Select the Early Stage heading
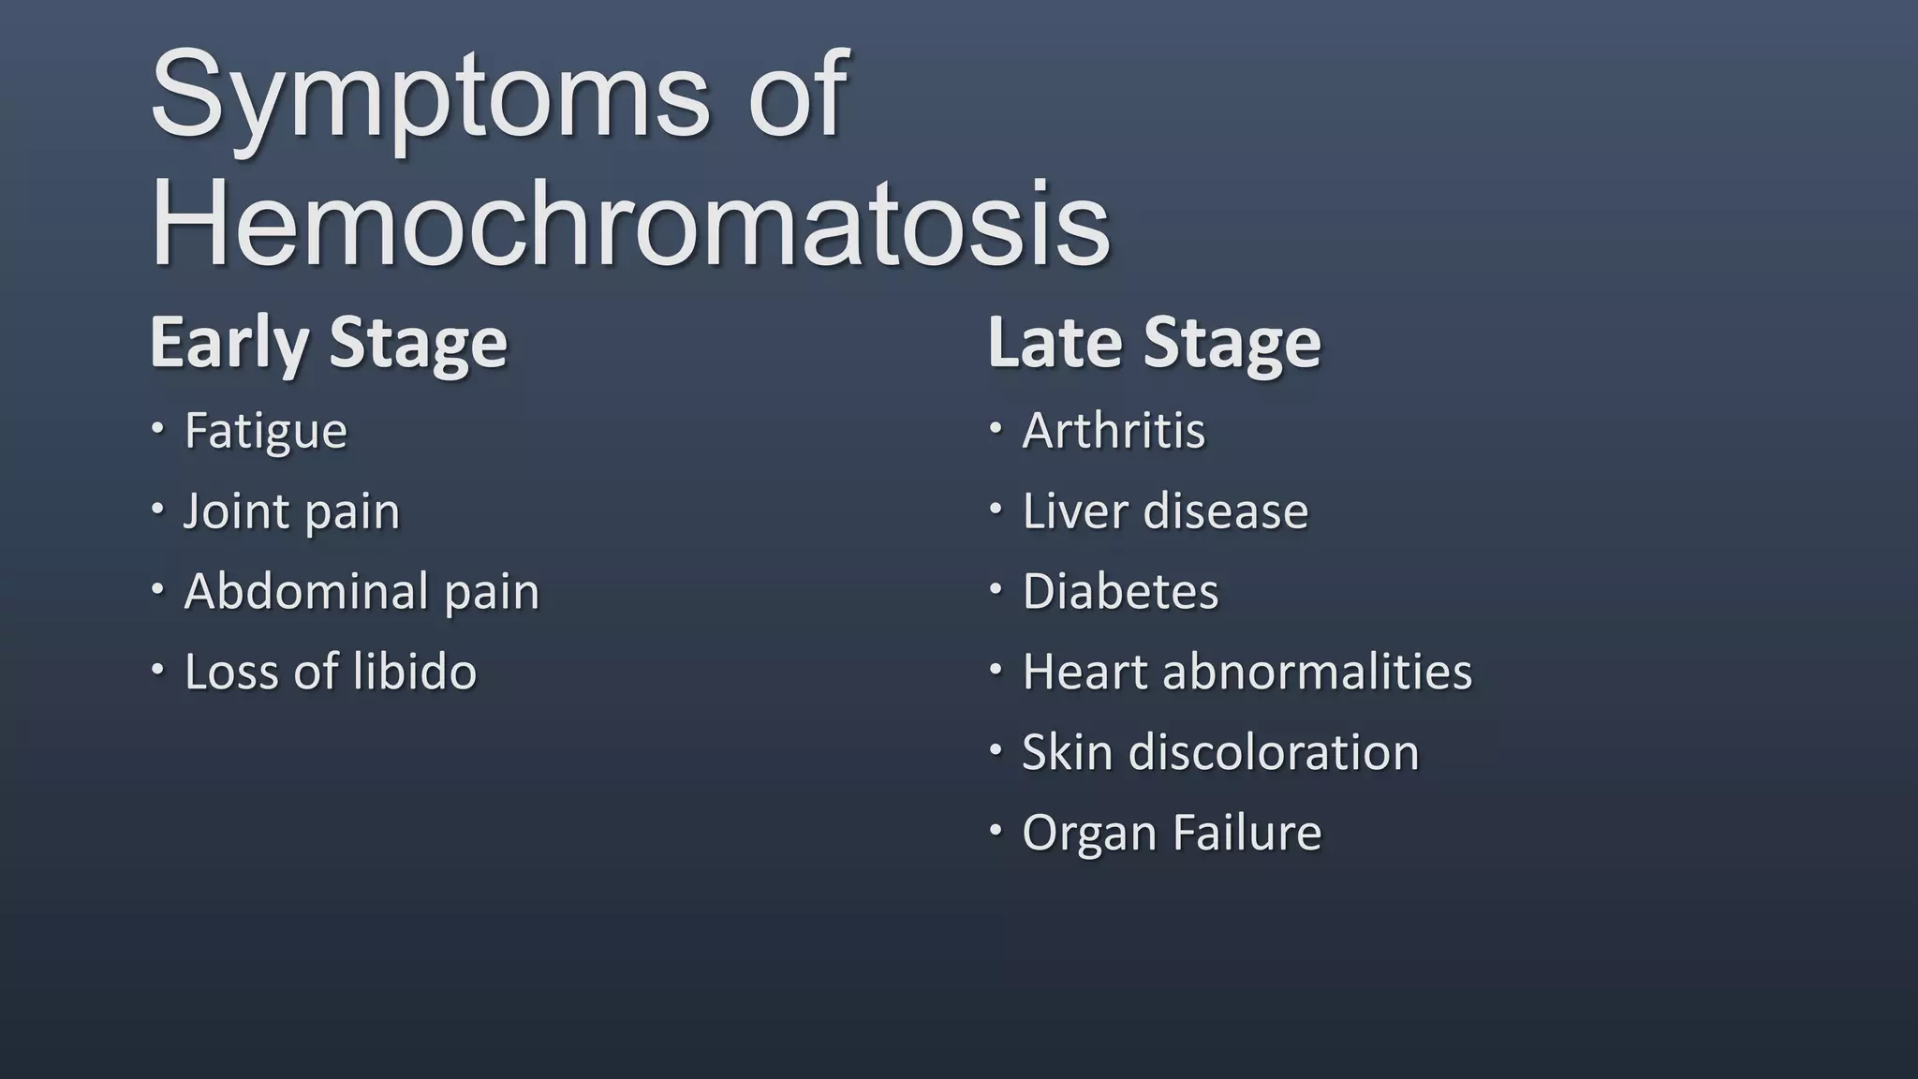coord(328,343)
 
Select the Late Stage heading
coord(1154,343)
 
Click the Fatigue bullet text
coord(265,432)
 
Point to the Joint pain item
coord(291,512)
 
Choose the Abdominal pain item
coord(361,592)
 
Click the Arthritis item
coord(1114,431)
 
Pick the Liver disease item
coord(1165,511)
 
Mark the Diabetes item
coord(1120,592)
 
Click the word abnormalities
coord(1317,672)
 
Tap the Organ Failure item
coord(1172,833)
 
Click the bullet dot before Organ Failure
coord(996,831)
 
